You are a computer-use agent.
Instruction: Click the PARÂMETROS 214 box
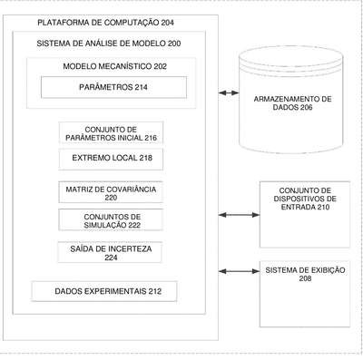click(113, 87)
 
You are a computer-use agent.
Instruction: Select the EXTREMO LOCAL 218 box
click(111, 159)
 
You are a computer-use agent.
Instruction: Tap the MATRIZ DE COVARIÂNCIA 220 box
click(111, 192)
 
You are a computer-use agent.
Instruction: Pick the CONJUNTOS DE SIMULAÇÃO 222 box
click(111, 220)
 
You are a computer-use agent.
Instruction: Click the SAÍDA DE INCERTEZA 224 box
click(110, 252)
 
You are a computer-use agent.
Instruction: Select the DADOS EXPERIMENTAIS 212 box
click(104, 291)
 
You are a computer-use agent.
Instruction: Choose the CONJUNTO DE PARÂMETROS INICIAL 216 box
click(111, 132)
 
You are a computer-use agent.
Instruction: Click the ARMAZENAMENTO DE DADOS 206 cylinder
click(291, 99)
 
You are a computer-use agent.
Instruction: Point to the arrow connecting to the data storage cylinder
click(229, 92)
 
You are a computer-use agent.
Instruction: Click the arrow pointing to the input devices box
click(239, 215)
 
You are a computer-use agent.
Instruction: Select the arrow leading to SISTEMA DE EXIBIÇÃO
click(239, 271)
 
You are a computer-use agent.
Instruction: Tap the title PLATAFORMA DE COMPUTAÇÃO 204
click(105, 23)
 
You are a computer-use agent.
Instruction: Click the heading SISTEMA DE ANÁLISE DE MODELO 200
click(109, 44)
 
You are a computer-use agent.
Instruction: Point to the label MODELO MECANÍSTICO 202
click(115, 66)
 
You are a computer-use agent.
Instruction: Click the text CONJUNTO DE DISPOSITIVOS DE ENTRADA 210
click(305, 199)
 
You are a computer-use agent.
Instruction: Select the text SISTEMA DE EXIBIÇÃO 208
click(305, 274)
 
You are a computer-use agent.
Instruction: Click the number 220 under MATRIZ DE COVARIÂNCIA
click(111, 198)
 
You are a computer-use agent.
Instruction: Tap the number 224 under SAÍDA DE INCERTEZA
click(111, 258)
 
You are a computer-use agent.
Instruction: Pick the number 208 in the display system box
click(305, 278)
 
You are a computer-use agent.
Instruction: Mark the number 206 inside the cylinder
click(307, 107)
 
